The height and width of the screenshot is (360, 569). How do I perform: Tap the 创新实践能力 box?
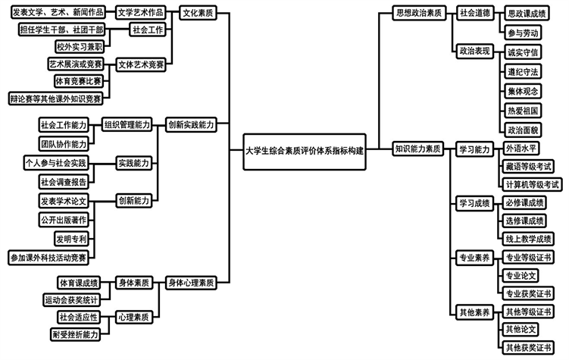click(190, 124)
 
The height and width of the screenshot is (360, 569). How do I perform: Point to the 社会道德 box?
click(475, 12)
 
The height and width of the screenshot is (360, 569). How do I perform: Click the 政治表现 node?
click(475, 51)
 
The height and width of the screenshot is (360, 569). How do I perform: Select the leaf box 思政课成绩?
click(527, 13)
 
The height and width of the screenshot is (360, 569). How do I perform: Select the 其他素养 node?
click(474, 311)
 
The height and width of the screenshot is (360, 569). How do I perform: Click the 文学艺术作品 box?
click(142, 13)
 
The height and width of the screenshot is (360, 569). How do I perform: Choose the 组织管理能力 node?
click(127, 124)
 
